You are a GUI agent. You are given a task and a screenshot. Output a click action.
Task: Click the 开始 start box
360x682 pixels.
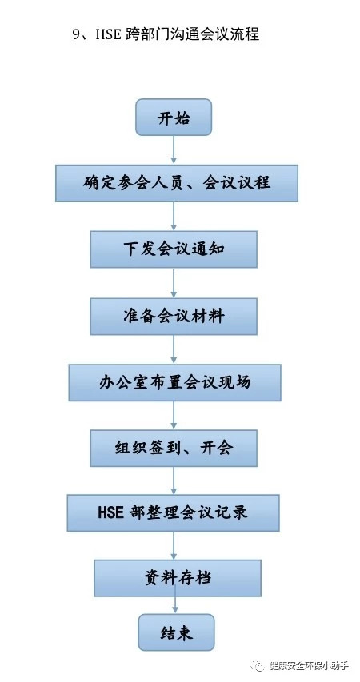tap(174, 117)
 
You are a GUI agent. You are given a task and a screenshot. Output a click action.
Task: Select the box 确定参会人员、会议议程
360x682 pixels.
tap(177, 183)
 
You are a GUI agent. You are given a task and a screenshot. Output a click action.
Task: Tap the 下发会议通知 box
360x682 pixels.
tap(174, 249)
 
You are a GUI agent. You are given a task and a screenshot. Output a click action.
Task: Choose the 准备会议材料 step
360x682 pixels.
tap(174, 316)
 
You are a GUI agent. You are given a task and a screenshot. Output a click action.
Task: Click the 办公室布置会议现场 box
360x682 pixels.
tap(174, 382)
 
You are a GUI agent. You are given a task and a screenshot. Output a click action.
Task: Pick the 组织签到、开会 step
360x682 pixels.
tap(174, 449)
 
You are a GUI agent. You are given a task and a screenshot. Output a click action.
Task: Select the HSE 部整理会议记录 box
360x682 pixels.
tap(174, 512)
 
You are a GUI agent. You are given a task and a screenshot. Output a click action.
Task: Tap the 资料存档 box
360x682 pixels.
tap(178, 578)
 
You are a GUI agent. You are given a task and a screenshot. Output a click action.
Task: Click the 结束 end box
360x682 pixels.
tap(176, 632)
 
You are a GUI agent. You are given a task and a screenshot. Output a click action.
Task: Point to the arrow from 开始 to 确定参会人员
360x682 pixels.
tap(174, 150)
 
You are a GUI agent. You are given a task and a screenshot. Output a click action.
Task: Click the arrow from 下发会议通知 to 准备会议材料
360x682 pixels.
tap(174, 283)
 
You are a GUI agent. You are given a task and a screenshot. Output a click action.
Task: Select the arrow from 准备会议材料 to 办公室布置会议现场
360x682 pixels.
tap(174, 349)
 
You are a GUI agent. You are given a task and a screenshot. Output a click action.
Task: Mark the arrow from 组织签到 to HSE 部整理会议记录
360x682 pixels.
tap(174, 481)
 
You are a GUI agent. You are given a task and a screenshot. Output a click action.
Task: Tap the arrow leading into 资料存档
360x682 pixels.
tap(174, 545)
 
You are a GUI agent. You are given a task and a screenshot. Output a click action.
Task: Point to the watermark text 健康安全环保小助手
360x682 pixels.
tap(309, 665)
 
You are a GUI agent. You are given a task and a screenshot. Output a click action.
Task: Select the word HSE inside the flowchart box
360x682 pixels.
tap(111, 512)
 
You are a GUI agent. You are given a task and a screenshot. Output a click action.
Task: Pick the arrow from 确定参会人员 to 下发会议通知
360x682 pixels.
tap(174, 216)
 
